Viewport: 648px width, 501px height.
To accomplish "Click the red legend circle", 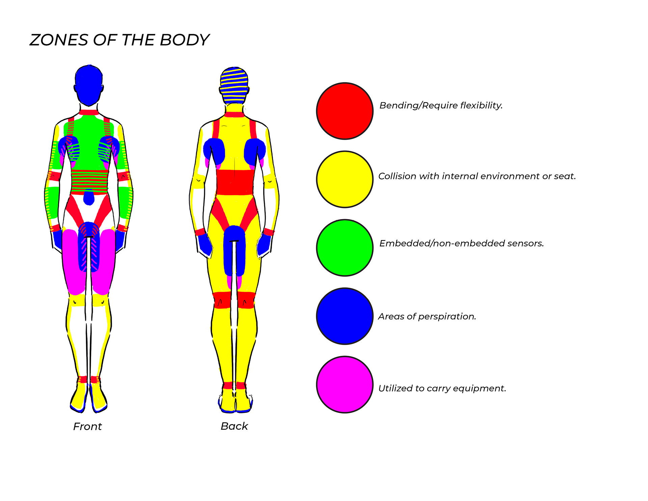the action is [x=345, y=111].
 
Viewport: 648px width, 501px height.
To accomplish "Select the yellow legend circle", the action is [x=345, y=179].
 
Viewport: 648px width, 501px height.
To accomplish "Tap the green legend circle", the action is [x=345, y=247].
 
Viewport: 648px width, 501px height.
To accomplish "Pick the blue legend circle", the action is [x=345, y=316].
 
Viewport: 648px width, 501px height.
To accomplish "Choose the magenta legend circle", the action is [x=345, y=385].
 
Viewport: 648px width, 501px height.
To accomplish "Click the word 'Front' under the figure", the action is [x=87, y=426].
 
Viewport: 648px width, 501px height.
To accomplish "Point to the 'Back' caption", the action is [x=234, y=426].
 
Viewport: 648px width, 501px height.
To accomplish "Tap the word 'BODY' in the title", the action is [x=184, y=40].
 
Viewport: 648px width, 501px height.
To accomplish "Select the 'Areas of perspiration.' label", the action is [x=427, y=316].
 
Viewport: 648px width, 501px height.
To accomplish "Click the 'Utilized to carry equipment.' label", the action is [x=442, y=388].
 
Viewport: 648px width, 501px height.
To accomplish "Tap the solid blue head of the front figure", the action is [x=88, y=85].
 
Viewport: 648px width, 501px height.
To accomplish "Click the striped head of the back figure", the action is [x=234, y=86].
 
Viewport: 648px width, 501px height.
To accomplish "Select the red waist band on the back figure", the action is [x=235, y=182].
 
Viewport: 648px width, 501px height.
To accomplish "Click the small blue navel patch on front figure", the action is [x=89, y=197].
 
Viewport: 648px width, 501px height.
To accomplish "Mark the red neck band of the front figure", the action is [x=89, y=112].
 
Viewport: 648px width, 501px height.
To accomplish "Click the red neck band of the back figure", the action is [x=234, y=114].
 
